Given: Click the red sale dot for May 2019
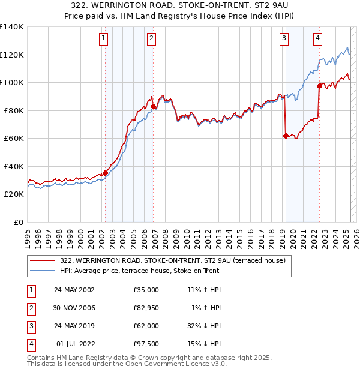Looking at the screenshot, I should click(x=286, y=136).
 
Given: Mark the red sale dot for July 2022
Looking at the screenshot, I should click(x=319, y=86).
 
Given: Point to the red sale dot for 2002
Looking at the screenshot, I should click(x=106, y=173).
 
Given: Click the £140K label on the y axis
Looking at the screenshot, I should click(x=12, y=27).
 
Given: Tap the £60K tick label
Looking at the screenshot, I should click(x=14, y=139).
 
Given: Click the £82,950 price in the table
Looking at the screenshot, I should click(x=146, y=308).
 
